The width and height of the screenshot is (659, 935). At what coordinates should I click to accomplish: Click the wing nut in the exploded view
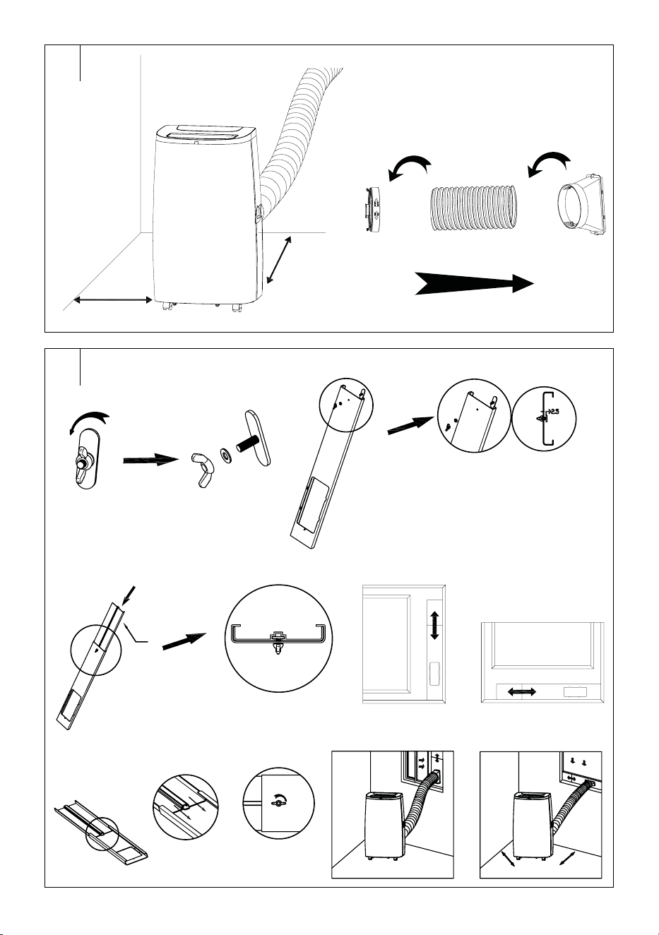point(202,470)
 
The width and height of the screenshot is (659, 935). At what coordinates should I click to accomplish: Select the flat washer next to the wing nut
point(226,454)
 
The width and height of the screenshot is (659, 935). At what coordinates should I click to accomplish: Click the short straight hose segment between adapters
point(473,209)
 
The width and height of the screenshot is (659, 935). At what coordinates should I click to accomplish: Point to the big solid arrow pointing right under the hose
point(473,284)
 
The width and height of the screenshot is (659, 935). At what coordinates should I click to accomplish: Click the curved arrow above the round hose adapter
point(410,167)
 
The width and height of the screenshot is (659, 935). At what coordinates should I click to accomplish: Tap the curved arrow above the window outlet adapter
point(550,163)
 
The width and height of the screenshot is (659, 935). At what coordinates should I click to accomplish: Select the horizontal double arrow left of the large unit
point(113,299)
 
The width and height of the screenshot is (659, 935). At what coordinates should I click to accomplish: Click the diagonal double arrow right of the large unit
point(279,260)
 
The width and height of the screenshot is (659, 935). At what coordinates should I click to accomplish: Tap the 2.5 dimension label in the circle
point(553,412)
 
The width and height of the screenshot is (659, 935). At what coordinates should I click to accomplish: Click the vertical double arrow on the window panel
point(434,625)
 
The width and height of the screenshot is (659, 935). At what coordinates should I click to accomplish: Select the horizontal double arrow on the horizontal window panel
point(521,691)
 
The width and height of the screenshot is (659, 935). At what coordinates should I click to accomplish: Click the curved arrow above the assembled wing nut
point(89,422)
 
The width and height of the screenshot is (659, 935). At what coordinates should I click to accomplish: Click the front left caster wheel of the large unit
point(167,306)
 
